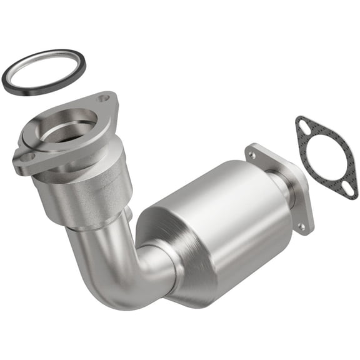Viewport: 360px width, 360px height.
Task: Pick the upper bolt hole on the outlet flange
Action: (x=252, y=152)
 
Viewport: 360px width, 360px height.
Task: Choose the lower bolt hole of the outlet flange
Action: (x=303, y=227)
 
